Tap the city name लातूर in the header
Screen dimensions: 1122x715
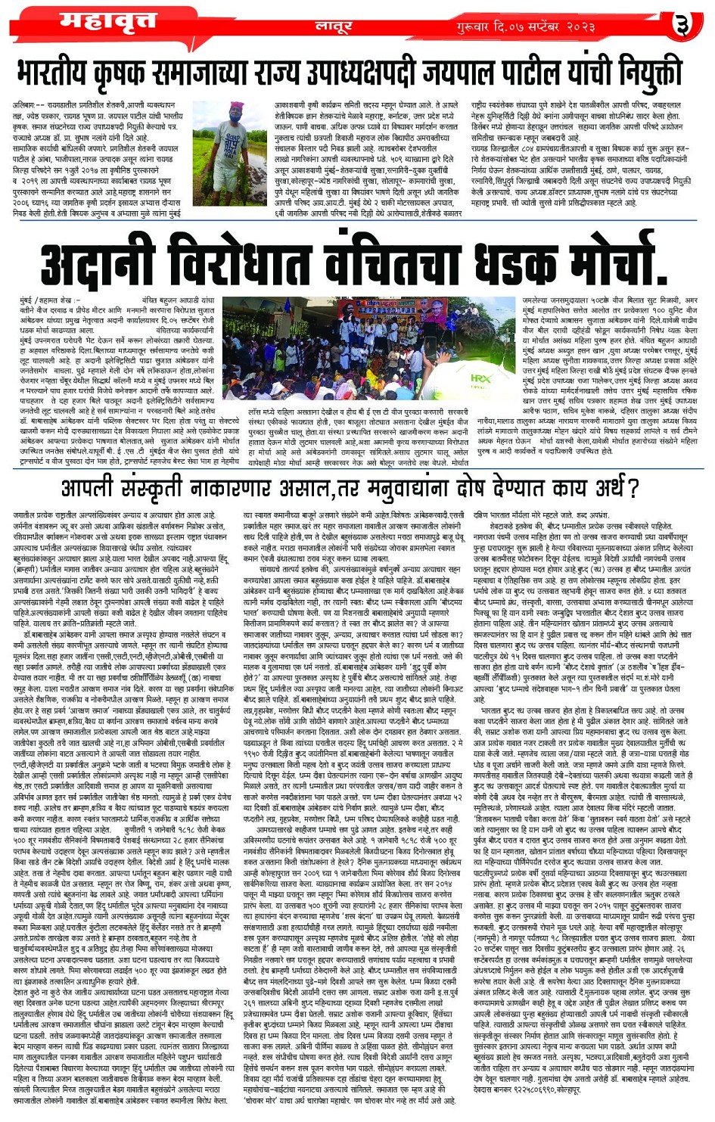point(333,27)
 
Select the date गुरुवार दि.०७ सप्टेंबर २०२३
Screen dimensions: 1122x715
point(526,27)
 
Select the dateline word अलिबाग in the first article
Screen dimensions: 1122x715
point(24,105)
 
